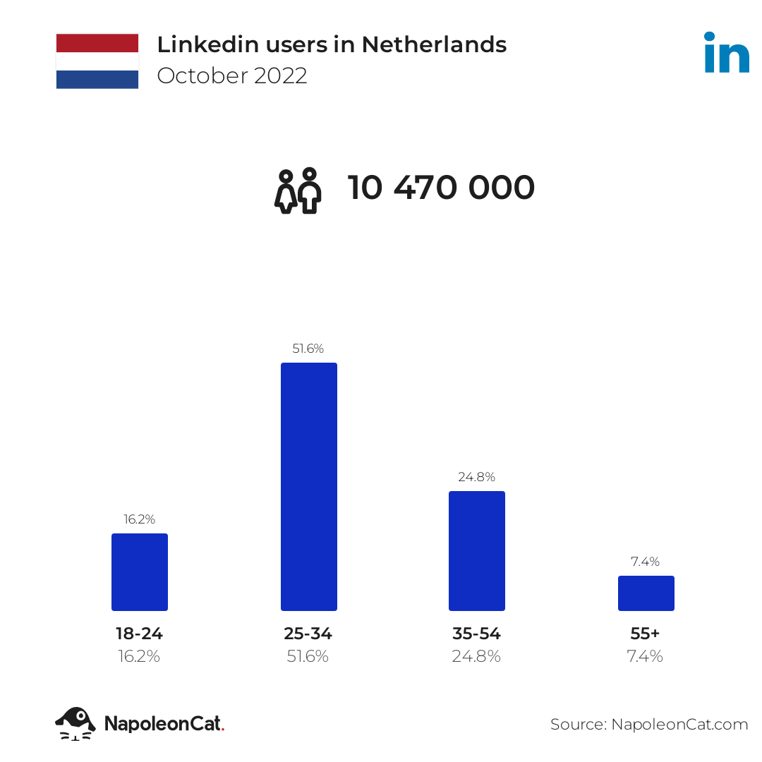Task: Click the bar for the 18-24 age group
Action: tap(140, 571)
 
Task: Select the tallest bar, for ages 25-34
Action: tap(308, 487)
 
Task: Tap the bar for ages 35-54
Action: tap(477, 550)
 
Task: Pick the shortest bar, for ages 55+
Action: tap(646, 593)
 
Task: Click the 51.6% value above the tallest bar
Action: tap(308, 349)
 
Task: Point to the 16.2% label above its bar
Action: tap(140, 519)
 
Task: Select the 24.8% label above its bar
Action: tap(477, 477)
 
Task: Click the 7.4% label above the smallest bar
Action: tap(646, 562)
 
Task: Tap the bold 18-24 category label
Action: tap(140, 634)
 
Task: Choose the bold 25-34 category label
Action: tap(308, 634)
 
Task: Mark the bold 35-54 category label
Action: tap(477, 634)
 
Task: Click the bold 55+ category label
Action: tap(646, 634)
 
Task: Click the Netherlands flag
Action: tap(97, 61)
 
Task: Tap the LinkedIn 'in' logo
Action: tap(726, 52)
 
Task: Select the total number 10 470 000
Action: tap(442, 188)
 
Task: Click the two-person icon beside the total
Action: tap(298, 190)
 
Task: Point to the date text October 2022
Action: tap(232, 75)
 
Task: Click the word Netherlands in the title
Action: tap(434, 44)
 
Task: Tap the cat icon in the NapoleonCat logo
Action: tap(75, 723)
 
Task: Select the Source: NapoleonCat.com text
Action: tap(649, 724)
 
